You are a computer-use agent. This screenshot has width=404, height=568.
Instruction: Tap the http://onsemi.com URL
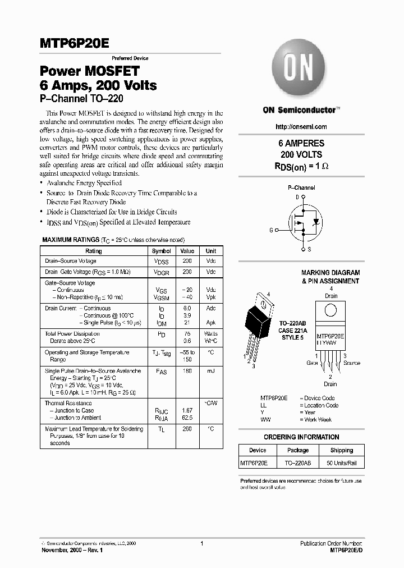(302, 127)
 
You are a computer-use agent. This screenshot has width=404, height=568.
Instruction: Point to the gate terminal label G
(271, 231)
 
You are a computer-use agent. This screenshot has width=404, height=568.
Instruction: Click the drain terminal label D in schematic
(297, 198)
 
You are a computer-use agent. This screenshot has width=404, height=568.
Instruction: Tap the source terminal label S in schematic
(310, 249)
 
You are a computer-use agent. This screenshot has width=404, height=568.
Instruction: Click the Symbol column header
(162, 251)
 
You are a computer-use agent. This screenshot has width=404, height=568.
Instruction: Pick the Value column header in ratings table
(187, 251)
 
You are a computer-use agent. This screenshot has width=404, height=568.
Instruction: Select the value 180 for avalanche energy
(187, 371)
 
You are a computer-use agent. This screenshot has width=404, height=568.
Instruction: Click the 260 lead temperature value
(187, 429)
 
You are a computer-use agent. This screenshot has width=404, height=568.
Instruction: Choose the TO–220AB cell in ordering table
(298, 463)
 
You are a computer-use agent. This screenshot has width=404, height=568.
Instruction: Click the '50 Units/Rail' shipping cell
(342, 463)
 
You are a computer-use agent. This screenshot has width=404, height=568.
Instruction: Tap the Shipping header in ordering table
(342, 450)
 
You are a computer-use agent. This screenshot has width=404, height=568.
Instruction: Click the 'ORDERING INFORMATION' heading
(301, 437)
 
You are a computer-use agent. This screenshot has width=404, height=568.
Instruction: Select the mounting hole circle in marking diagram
(330, 309)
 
